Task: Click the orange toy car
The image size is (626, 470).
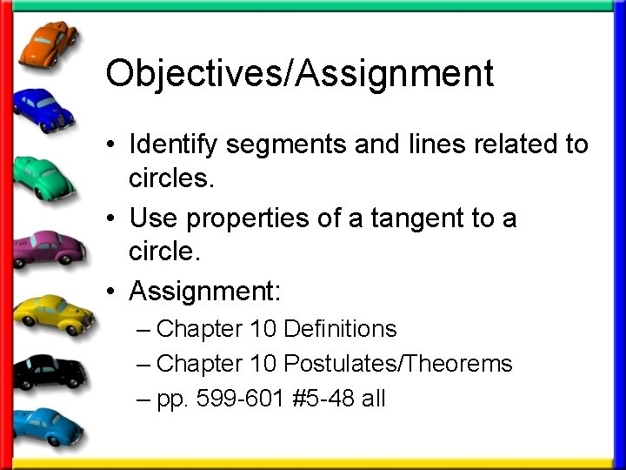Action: click(48, 44)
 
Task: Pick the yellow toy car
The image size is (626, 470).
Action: click(52, 312)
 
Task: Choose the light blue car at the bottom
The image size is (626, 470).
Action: click(48, 426)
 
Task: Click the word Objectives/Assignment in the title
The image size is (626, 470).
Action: click(299, 74)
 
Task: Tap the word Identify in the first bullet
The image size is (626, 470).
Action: click(172, 144)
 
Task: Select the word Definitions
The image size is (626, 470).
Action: click(340, 329)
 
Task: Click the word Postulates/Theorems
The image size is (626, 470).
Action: click(398, 364)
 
